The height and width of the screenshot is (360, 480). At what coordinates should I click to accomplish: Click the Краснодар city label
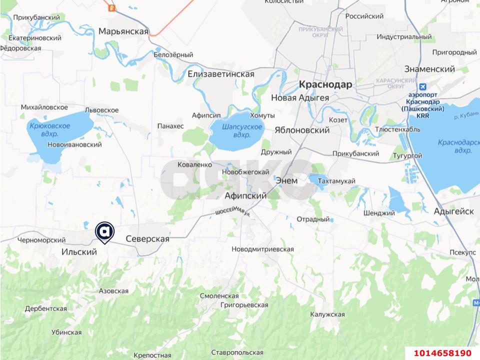(x=325, y=84)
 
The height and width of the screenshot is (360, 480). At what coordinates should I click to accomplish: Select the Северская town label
(x=147, y=239)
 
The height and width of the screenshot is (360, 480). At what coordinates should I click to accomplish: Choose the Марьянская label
(x=123, y=31)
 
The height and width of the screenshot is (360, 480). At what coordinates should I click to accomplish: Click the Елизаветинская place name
(x=221, y=74)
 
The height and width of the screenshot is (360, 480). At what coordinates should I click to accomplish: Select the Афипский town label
(x=245, y=195)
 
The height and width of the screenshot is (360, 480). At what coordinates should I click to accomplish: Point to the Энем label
(x=286, y=180)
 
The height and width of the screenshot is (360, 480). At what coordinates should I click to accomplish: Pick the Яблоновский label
(x=302, y=130)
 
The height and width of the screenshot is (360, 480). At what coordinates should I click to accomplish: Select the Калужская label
(x=327, y=314)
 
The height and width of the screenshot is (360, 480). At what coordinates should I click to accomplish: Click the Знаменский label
(x=429, y=69)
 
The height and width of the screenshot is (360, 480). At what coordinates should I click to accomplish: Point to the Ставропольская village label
(x=237, y=352)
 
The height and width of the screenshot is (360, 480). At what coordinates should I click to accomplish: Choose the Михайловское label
(x=44, y=107)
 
